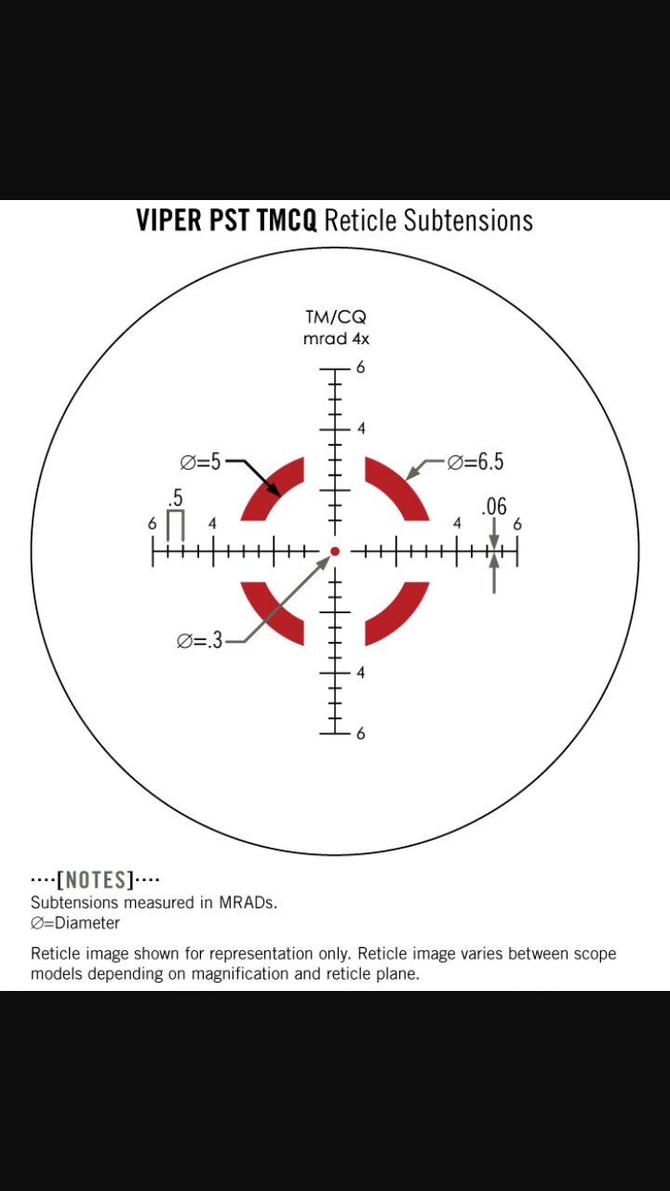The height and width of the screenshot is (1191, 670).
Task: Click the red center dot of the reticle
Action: pyautogui.click(x=335, y=552)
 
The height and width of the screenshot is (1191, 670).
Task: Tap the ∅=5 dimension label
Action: pyautogui.click(x=200, y=462)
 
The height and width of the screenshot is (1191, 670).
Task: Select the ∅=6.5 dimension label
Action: pyautogui.click(x=476, y=462)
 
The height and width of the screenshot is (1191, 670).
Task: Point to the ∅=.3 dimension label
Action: pyautogui.click(x=199, y=641)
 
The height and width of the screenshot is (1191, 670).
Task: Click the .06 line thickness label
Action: pyautogui.click(x=494, y=507)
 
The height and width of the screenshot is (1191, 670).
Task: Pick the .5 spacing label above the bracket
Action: pyautogui.click(x=176, y=498)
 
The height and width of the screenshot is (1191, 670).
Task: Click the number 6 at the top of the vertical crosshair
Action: pyautogui.click(x=360, y=368)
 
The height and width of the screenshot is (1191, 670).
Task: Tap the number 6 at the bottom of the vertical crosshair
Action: pyautogui.click(x=360, y=734)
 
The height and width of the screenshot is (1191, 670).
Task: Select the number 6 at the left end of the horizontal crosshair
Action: pyautogui.click(x=153, y=524)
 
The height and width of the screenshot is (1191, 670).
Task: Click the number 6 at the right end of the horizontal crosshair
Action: pyautogui.click(x=517, y=524)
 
